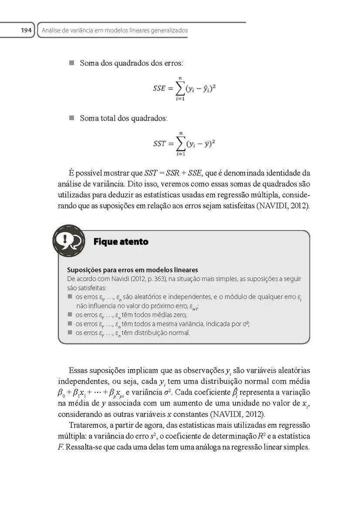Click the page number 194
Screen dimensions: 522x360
[20, 30]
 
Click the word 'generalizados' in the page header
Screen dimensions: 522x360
[167, 30]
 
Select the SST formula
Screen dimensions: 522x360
[184, 144]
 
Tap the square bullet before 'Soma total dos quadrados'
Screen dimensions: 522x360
[72, 118]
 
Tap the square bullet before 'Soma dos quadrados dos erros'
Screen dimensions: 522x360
[72, 64]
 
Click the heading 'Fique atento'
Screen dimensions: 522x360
[121, 242]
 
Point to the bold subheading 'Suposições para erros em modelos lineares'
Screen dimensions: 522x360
[133, 270]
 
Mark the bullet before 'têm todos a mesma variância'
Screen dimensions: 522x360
[70, 324]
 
